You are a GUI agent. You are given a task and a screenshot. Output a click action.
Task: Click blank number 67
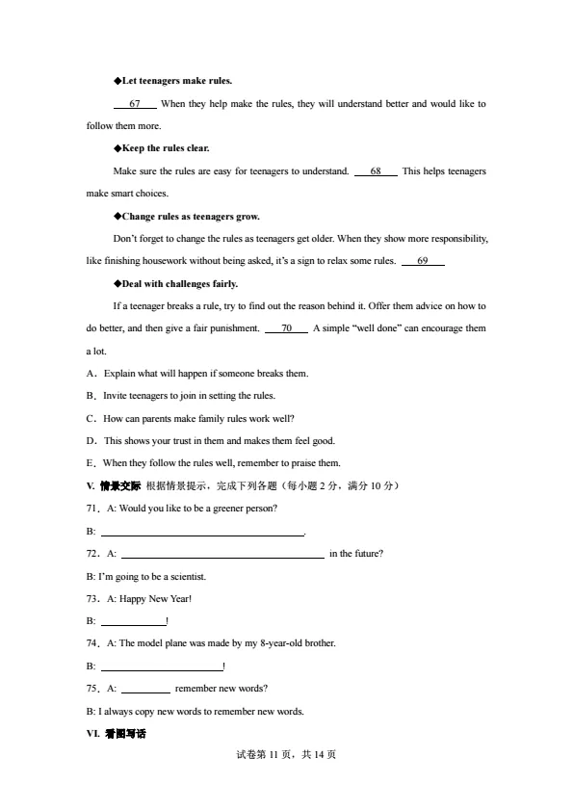135,104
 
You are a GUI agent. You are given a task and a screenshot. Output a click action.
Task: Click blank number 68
376,171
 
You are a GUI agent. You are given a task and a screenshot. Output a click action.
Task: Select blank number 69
423,261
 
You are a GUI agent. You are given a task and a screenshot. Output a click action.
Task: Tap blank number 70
286,328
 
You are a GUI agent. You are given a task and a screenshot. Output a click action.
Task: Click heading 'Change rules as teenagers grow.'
189,216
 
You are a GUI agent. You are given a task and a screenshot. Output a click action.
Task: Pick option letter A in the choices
91,373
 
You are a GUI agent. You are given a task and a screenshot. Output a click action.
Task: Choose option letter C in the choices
91,418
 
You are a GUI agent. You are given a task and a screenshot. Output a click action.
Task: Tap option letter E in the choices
91,463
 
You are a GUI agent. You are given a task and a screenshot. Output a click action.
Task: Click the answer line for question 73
134,622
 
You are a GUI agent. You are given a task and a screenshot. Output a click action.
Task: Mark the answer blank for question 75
146,690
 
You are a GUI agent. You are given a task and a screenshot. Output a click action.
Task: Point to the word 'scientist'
188,577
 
